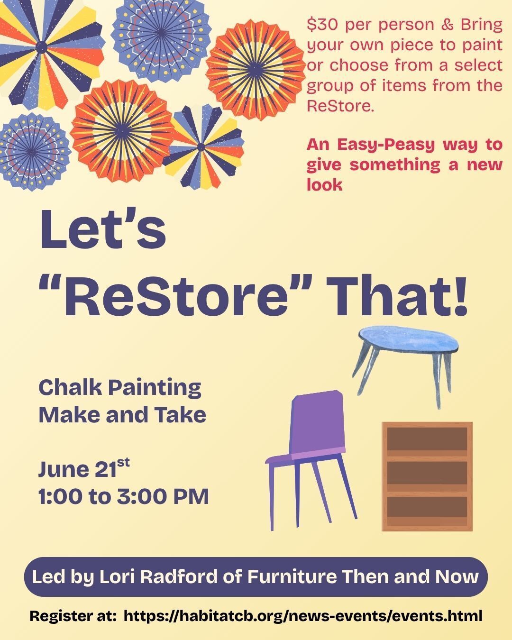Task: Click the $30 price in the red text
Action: (322, 25)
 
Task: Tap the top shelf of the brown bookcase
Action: (427, 439)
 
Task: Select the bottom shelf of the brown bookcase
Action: (427, 507)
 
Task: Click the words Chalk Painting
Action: (120, 388)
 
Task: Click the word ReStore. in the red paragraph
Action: (340, 106)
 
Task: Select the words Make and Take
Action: (122, 415)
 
